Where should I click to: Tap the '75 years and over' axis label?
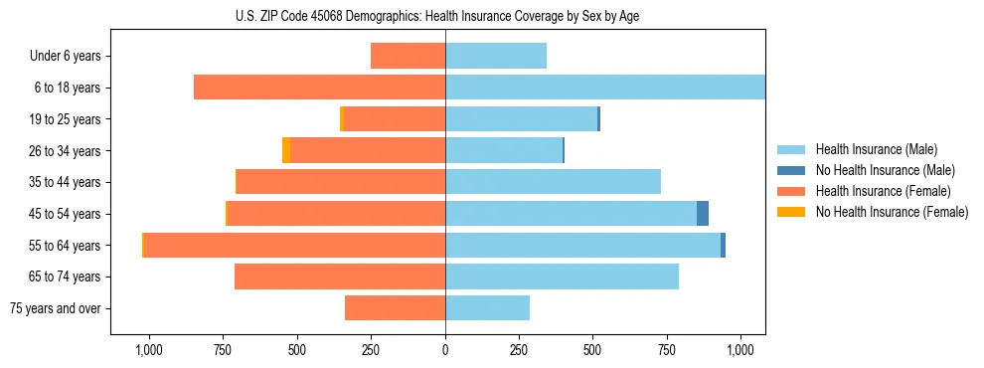click(55, 308)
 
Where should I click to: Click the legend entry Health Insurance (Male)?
click(876, 149)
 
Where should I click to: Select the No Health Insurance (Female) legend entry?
click(892, 212)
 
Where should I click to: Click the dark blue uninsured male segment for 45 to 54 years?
click(703, 214)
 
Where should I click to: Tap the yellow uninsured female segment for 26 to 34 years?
click(286, 151)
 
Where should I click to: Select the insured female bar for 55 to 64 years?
click(294, 246)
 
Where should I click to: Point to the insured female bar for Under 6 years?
click(408, 57)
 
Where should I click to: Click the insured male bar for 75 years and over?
click(487, 308)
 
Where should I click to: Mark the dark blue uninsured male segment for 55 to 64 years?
click(723, 246)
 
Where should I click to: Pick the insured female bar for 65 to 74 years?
click(340, 276)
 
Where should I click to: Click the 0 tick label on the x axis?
click(445, 350)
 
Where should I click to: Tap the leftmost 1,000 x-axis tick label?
click(148, 350)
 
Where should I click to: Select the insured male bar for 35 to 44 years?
click(553, 182)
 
